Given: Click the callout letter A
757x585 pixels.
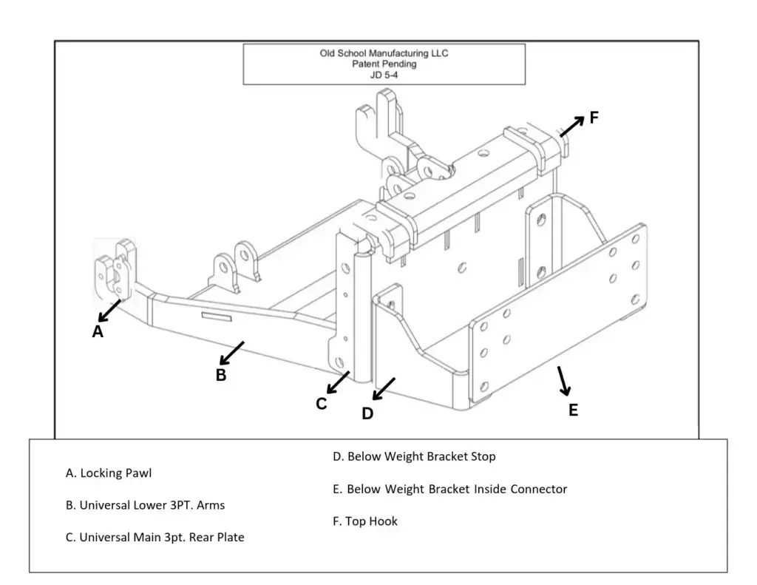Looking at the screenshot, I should click(x=98, y=332).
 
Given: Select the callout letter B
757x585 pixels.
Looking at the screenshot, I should click(x=221, y=375).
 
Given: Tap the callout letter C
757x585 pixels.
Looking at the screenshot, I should click(x=322, y=404).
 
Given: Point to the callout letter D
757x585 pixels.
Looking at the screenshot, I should click(x=367, y=413).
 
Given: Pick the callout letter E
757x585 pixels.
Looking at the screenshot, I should click(x=573, y=410).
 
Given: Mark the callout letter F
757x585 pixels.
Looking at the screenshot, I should click(x=594, y=117).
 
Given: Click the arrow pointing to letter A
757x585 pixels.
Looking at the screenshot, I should click(x=109, y=311).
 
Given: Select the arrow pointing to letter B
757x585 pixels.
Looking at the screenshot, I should click(x=232, y=353).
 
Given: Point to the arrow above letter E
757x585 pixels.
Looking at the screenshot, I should click(x=563, y=379).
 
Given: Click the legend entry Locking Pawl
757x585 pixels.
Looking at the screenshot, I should click(x=109, y=473).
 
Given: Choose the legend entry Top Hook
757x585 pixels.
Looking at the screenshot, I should click(x=365, y=521).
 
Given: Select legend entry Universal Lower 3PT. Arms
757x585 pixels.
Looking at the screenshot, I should click(x=145, y=505).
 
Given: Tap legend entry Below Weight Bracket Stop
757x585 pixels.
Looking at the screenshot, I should click(x=414, y=456).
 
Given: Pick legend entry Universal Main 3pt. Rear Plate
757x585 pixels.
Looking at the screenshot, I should click(x=155, y=538).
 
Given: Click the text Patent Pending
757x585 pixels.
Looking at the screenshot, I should click(x=384, y=64).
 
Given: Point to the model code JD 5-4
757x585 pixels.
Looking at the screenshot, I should click(x=384, y=75).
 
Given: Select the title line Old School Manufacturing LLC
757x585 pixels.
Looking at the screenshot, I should click(x=384, y=53).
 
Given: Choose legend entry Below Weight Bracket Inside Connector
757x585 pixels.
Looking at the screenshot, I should click(x=449, y=489).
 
